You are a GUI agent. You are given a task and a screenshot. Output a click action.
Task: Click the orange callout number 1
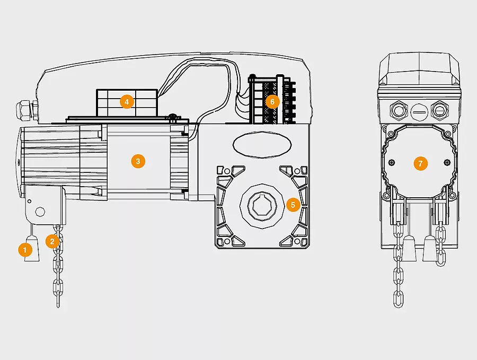tap(25, 250)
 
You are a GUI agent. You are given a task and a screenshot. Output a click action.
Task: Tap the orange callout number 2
tap(52, 241)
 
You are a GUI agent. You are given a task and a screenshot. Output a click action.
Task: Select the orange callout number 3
tap(138, 161)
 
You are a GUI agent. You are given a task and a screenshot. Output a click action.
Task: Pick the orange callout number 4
tap(127, 102)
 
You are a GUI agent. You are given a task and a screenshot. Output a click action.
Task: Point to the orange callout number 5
tap(293, 205)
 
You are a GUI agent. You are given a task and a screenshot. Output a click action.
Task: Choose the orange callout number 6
tap(272, 102)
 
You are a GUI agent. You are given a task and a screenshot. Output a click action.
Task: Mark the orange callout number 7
tap(421, 164)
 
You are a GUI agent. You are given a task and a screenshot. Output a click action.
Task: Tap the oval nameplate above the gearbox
tap(262, 145)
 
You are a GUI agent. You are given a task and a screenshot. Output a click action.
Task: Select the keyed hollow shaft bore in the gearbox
tap(262, 207)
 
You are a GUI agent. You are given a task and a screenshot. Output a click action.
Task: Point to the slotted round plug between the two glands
tap(420, 111)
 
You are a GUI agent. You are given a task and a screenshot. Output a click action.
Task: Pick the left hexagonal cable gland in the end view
tap(399, 110)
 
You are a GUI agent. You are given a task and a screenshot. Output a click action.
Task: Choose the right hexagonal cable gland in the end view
tap(440, 110)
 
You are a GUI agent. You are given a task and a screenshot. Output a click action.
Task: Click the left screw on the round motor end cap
tap(392, 162)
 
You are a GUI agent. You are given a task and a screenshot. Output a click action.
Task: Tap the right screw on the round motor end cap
tap(447, 162)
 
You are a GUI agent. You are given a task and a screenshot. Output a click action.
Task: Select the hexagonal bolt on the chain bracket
tap(40, 211)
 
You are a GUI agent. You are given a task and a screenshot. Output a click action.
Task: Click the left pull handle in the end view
tap(409, 248)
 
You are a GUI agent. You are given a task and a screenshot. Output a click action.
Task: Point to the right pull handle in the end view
tap(430, 248)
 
